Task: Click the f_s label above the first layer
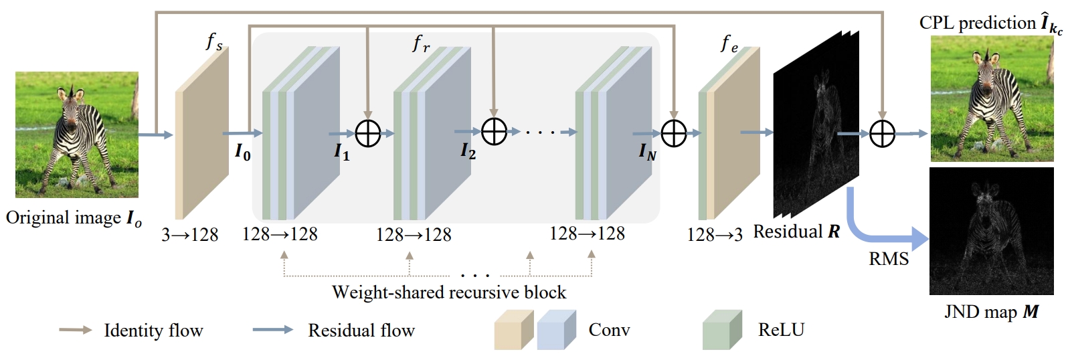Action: (x=213, y=42)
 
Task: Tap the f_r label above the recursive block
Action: (x=421, y=43)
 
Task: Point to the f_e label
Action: (x=729, y=43)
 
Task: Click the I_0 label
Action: (x=242, y=152)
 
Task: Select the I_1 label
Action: (x=341, y=152)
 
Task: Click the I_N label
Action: (x=647, y=153)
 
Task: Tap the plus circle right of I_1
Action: (x=367, y=133)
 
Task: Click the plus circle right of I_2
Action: (x=494, y=132)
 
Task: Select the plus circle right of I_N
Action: (x=674, y=133)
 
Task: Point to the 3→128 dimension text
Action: (x=190, y=235)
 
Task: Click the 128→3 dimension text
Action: (x=715, y=235)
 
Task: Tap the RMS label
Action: (x=889, y=259)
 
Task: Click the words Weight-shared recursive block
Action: (x=449, y=292)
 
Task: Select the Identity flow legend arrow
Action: (x=76, y=330)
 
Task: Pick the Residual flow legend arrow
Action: (x=273, y=330)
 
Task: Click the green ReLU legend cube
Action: (x=721, y=330)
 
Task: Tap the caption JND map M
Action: (x=991, y=312)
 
